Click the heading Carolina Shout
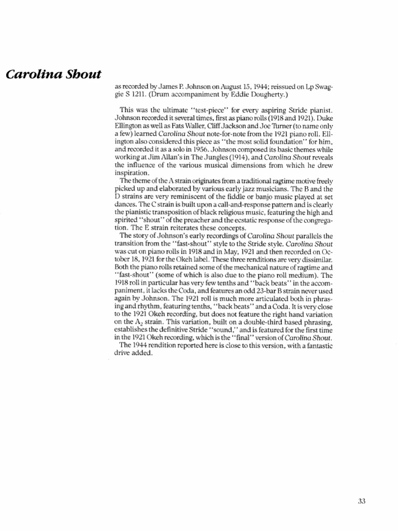coord(53,73)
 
